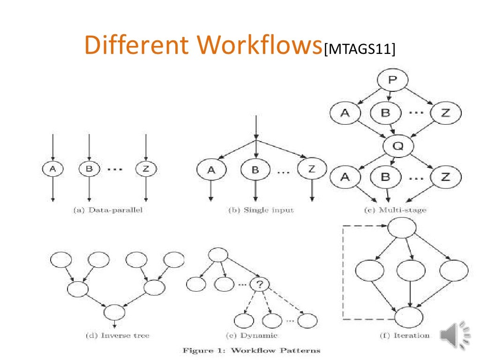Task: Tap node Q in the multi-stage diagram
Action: [x=398, y=146]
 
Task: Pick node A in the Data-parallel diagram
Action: [x=53, y=169]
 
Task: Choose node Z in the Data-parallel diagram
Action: [x=146, y=169]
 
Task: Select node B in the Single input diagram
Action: [x=255, y=170]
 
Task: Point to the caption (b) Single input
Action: [x=261, y=210]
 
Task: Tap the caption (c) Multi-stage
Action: [x=395, y=210]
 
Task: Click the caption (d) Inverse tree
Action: [x=117, y=335]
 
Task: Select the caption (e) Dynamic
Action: [x=252, y=335]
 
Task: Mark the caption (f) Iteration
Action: [x=405, y=335]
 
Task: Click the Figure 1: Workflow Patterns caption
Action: [x=251, y=350]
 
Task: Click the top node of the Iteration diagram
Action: [x=402, y=229]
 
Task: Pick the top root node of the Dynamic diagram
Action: [x=217, y=255]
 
